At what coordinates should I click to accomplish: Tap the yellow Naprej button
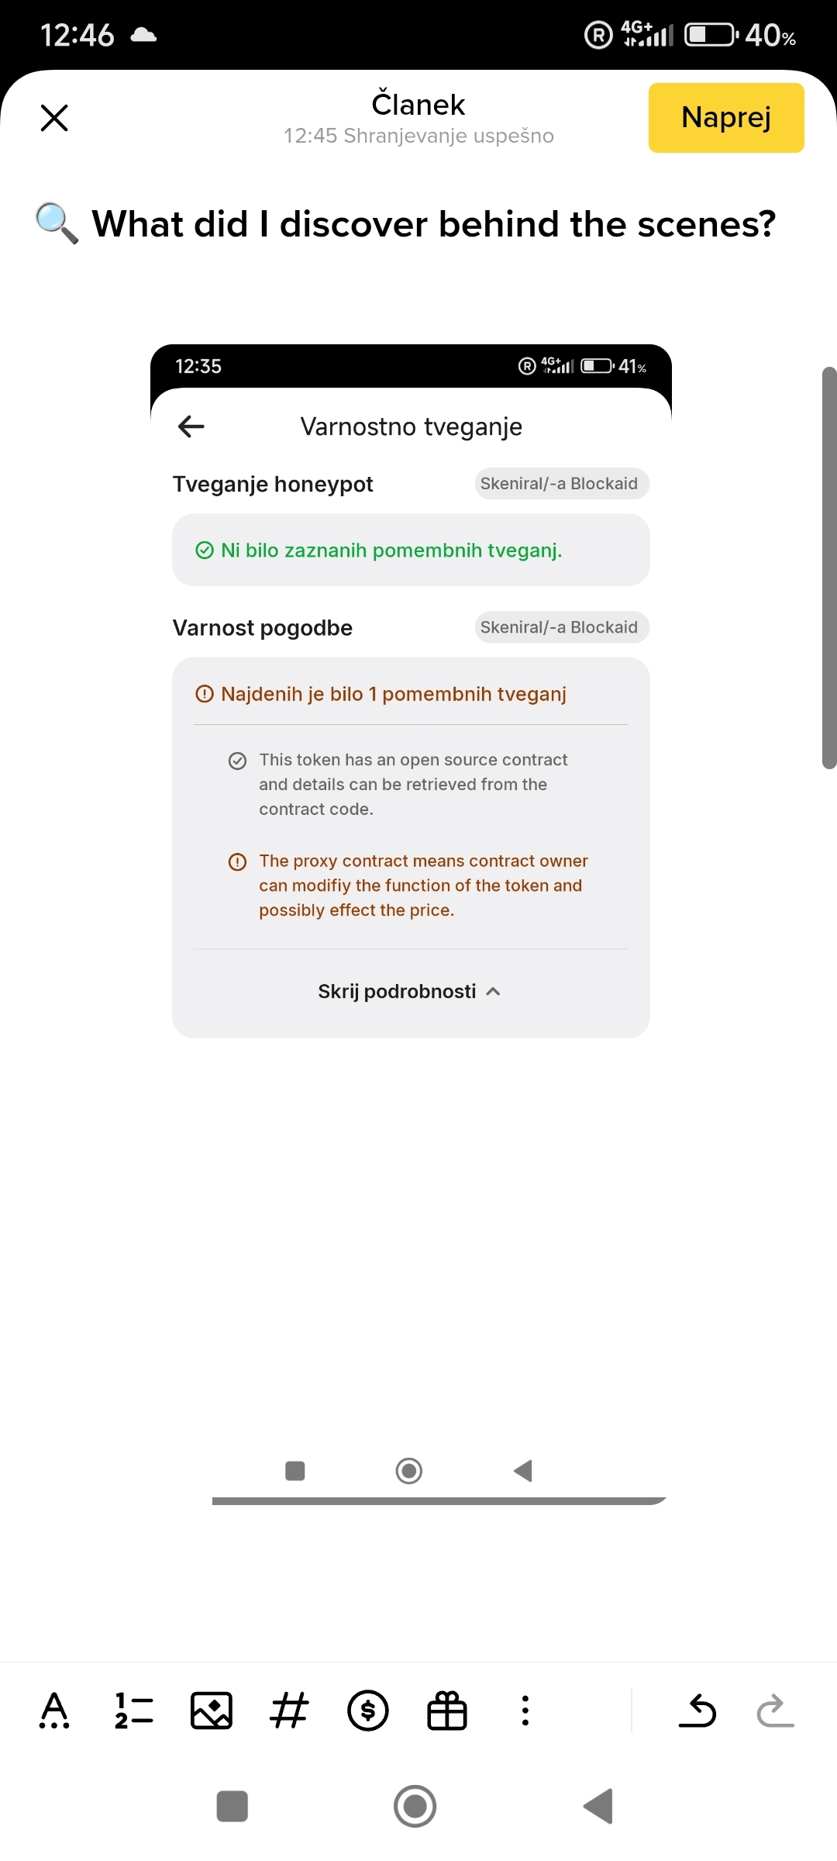pos(726,118)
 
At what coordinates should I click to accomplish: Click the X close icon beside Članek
pos(54,118)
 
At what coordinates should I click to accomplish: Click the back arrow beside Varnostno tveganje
pos(191,426)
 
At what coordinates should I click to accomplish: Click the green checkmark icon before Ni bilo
pos(205,551)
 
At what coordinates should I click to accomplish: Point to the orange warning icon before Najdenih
pos(205,694)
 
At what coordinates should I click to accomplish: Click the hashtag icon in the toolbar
pos(290,1711)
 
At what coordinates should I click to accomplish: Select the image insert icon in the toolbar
pos(212,1711)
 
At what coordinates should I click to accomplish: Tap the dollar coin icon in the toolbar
pos(368,1711)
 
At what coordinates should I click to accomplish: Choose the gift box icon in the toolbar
pos(447,1711)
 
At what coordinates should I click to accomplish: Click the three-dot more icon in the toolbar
pos(525,1711)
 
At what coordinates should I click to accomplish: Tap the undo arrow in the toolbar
pos(697,1711)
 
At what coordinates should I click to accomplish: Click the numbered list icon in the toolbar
pos(133,1711)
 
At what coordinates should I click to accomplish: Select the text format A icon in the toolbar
pos(54,1711)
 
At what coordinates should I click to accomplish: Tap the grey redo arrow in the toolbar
pos(776,1711)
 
